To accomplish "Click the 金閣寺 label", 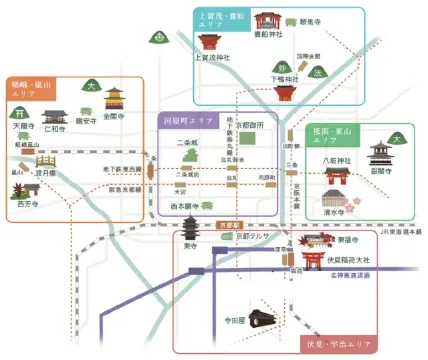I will pyautogui.click(x=113, y=116).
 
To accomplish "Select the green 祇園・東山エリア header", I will pyautogui.click(x=336, y=136).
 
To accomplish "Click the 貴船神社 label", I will pyautogui.click(x=264, y=33).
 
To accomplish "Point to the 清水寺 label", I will pyautogui.click(x=336, y=212).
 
